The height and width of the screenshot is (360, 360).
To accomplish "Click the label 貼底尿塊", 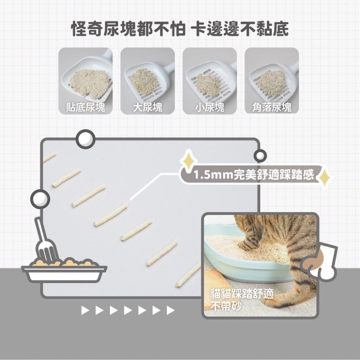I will [x=86, y=107].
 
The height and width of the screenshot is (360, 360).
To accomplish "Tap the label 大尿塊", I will [x=148, y=107].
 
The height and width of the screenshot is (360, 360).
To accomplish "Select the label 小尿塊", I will [x=210, y=107].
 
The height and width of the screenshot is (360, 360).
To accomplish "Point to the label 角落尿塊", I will [x=272, y=107].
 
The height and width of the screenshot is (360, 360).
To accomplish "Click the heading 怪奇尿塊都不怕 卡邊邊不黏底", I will [x=180, y=29].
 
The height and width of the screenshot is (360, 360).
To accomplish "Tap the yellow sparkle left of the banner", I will [x=188, y=161].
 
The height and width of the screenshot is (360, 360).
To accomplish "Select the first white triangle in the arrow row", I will [x=85, y=310].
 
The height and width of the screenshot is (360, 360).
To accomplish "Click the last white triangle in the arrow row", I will [x=170, y=310].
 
